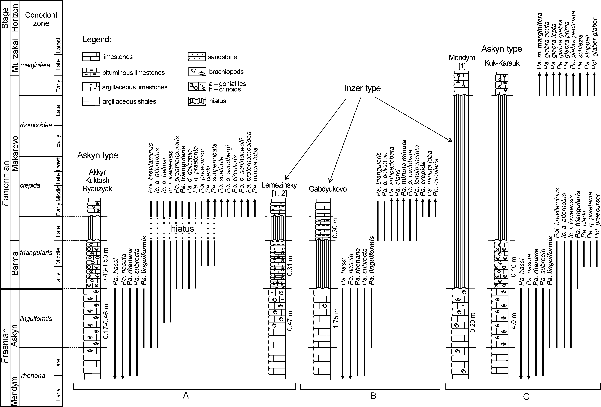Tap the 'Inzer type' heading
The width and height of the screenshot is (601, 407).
[363, 88]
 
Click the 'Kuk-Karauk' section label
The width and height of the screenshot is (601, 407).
[502, 63]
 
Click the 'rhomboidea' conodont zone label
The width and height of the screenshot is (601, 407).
[36, 125]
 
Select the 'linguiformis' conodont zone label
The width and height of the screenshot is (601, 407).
[36, 319]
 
